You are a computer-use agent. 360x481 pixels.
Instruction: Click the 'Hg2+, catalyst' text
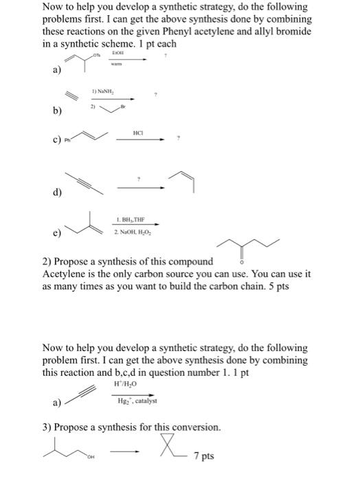134,400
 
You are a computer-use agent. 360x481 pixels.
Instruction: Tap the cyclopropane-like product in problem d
187,179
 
